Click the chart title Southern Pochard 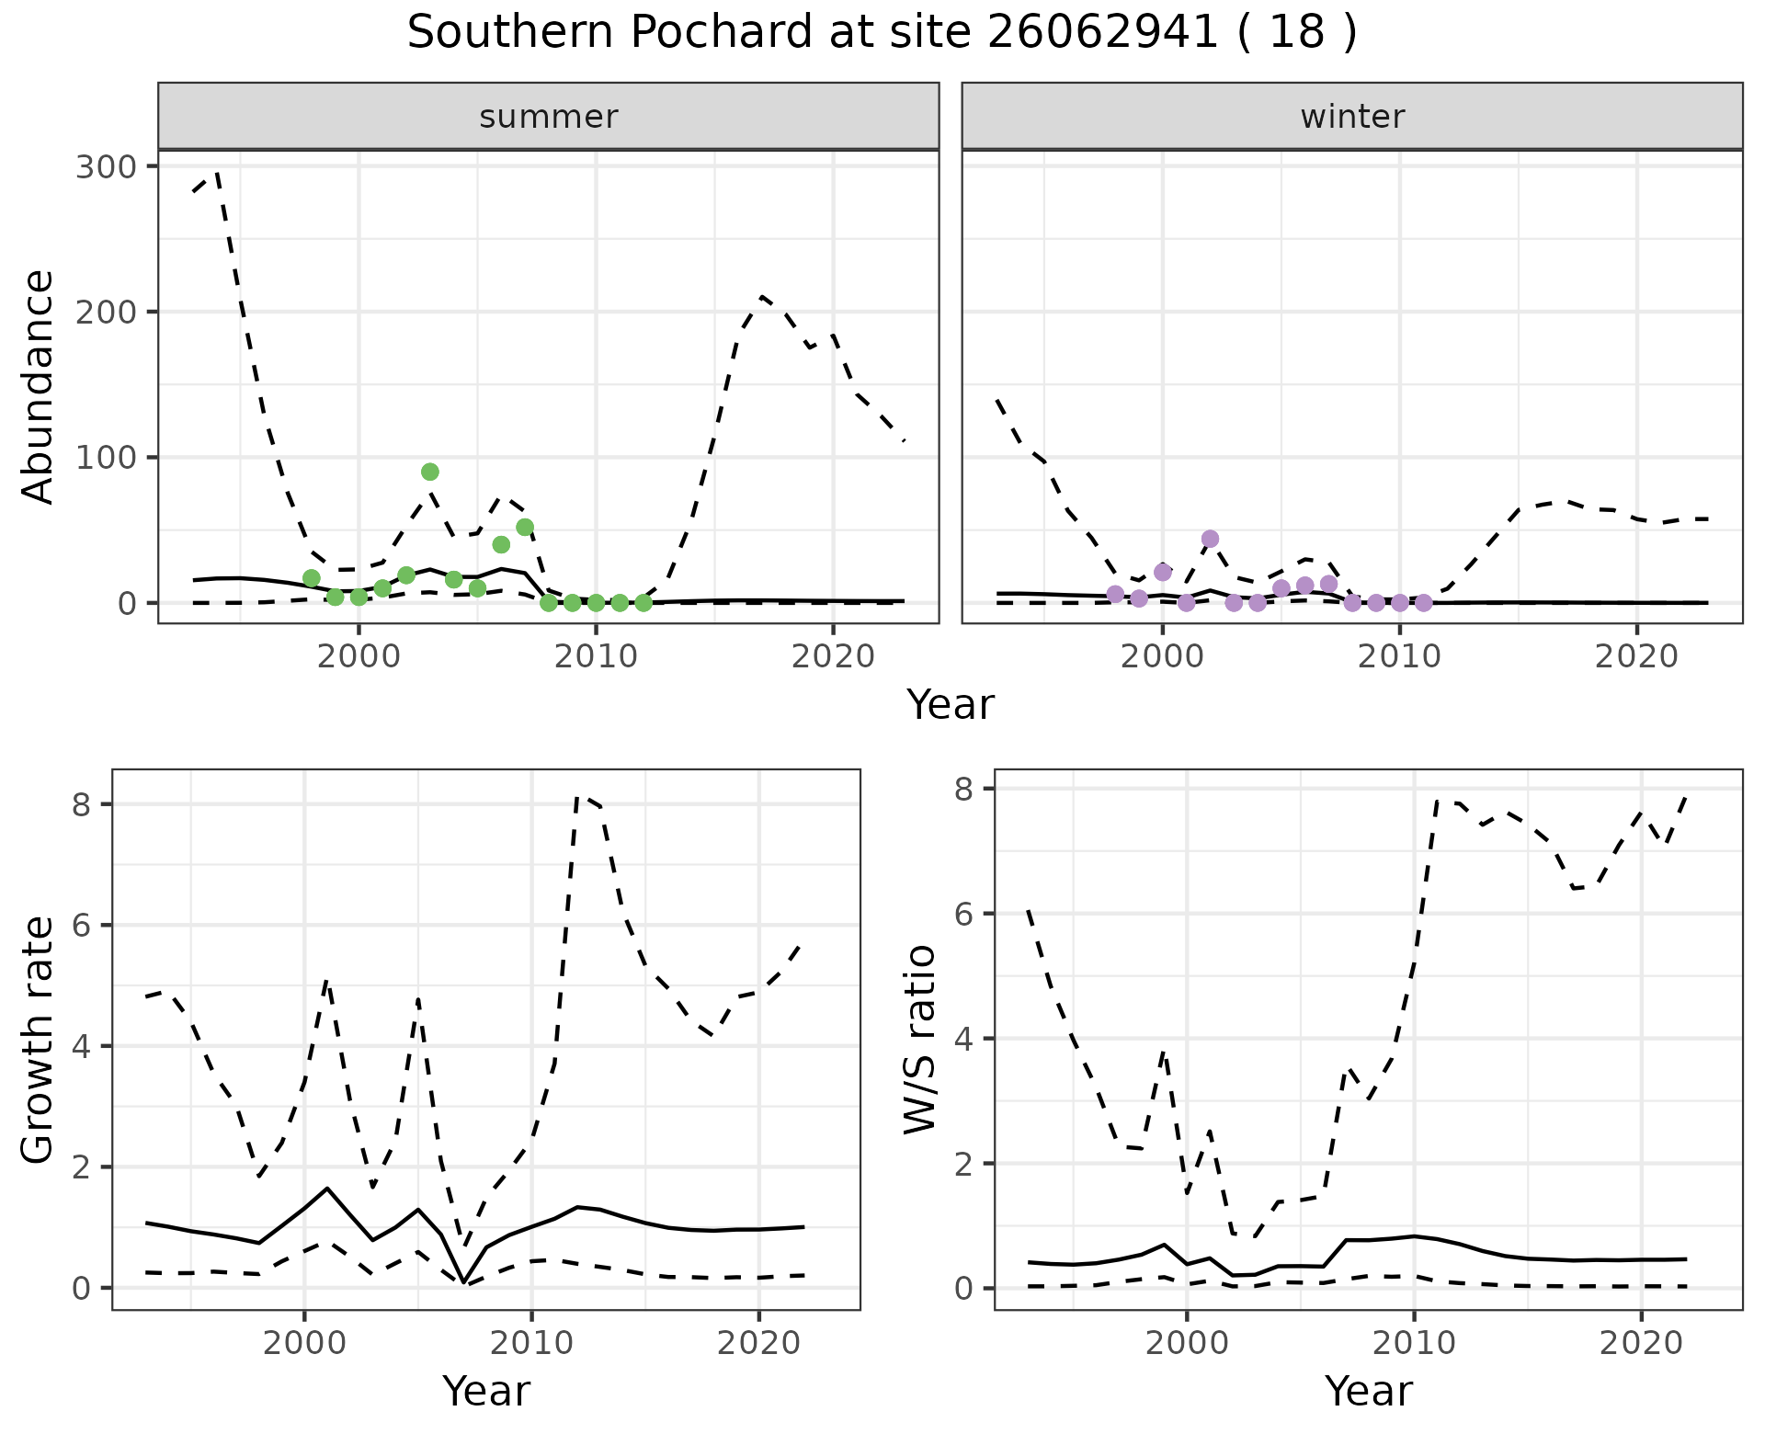point(882,33)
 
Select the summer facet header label point(549,117)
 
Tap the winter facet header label point(1352,117)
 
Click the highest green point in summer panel point(430,472)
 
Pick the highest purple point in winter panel point(1210,539)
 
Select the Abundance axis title point(39,386)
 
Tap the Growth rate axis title point(39,1041)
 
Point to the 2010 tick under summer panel point(596,657)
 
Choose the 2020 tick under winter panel point(1636,657)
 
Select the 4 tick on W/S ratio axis point(965,1039)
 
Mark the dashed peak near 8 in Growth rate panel point(576,797)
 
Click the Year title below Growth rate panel point(486,1391)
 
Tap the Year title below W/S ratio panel point(1368,1391)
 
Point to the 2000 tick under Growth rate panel point(304,1343)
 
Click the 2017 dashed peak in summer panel point(762,296)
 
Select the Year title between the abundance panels point(951,705)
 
